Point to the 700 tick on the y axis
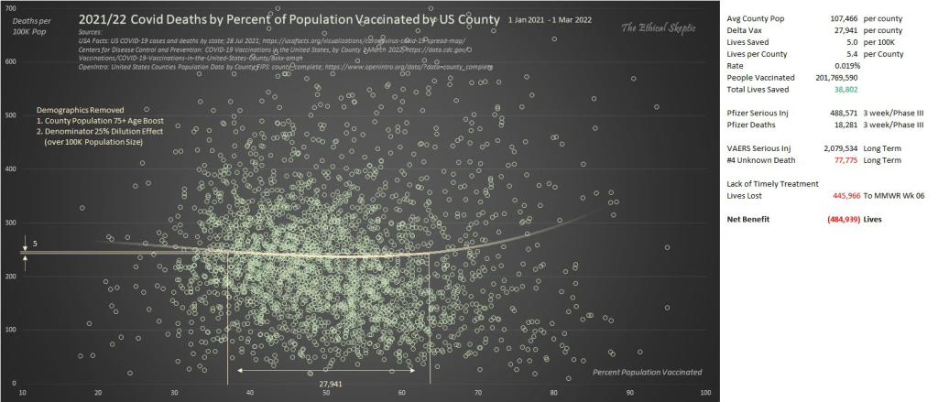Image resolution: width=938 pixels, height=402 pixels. [11, 7]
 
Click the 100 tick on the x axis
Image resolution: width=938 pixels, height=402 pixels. [705, 393]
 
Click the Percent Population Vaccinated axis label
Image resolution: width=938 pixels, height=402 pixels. [647, 372]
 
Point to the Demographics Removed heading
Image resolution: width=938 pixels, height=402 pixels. [80, 108]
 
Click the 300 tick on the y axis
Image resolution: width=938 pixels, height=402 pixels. [11, 223]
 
